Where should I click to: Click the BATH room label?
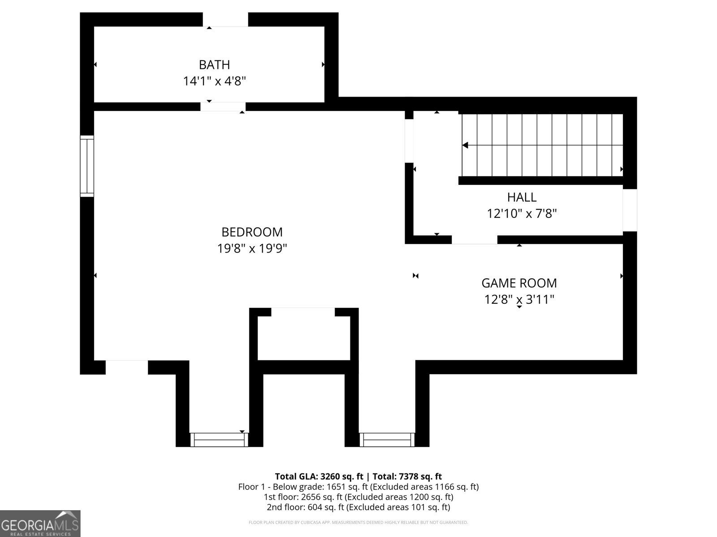(x=214, y=65)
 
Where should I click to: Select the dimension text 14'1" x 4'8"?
(x=214, y=81)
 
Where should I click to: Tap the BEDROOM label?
(x=252, y=232)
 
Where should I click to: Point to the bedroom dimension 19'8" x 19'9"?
(x=252, y=248)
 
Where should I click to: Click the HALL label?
(x=522, y=197)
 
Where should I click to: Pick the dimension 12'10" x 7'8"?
(x=522, y=213)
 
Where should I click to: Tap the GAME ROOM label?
(x=519, y=283)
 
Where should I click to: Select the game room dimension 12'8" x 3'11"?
(x=519, y=299)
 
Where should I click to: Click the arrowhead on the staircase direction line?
(x=465, y=145)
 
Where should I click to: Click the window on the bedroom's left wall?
(x=87, y=166)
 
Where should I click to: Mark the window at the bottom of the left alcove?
(x=219, y=439)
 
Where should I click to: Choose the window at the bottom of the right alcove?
(x=387, y=439)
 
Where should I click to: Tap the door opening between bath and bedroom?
(x=223, y=107)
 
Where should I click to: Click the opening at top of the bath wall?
(x=225, y=20)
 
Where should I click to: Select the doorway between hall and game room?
(x=474, y=240)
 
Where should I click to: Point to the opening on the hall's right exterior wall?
(x=630, y=210)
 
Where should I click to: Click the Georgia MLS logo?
(x=40, y=524)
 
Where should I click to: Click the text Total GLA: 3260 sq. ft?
(x=319, y=476)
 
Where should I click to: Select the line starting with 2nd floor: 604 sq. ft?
(x=358, y=507)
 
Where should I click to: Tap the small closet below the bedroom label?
(x=303, y=335)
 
